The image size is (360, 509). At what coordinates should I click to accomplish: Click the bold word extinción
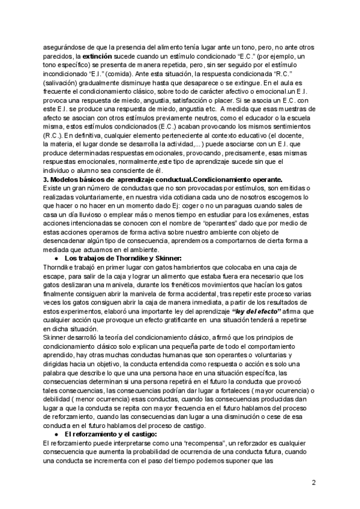(x=95, y=56)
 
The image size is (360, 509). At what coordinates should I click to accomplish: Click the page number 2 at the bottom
(x=314, y=482)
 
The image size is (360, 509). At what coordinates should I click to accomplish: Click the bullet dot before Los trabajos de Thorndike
(x=56, y=258)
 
